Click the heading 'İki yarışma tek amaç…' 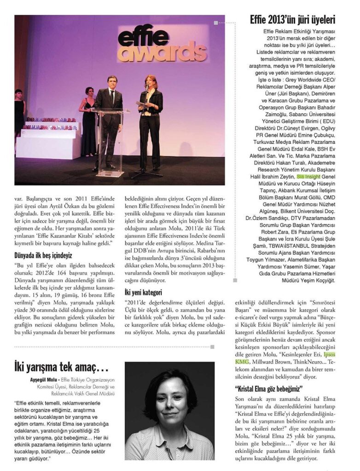click(61, 367)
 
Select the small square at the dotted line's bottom click(235, 280)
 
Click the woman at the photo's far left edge click(19, 113)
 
